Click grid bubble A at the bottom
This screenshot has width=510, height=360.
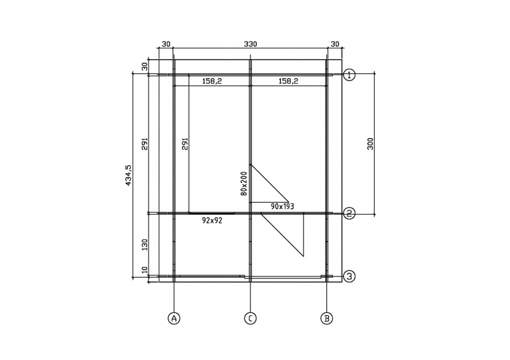174,318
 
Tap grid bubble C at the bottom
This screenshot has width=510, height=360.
250,318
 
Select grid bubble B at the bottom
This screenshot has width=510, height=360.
326,318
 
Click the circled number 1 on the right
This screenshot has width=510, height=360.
349,75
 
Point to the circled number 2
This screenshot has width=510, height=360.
349,213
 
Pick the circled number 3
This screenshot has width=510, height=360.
349,277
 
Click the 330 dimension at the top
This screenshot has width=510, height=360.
251,44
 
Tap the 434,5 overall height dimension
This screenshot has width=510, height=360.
129,175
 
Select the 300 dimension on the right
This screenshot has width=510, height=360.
370,144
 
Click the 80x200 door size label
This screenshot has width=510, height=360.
244,184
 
